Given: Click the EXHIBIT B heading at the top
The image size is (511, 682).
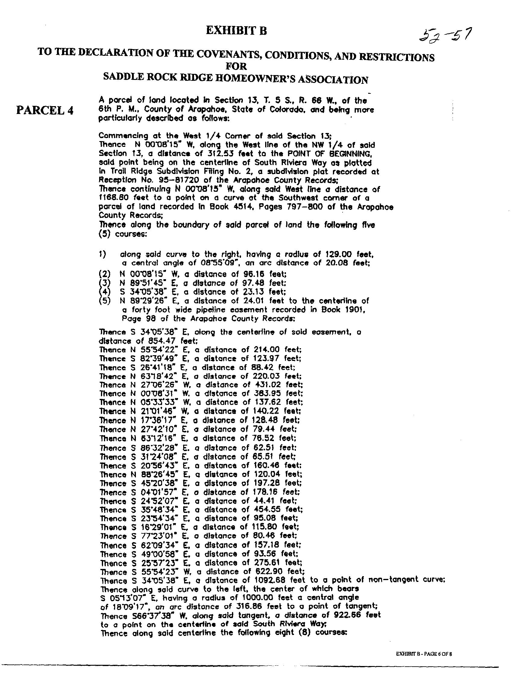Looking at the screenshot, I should [x=236, y=31].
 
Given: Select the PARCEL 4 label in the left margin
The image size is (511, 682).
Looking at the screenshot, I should [x=45, y=110].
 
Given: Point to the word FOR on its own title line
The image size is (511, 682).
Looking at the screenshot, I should [x=236, y=66].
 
